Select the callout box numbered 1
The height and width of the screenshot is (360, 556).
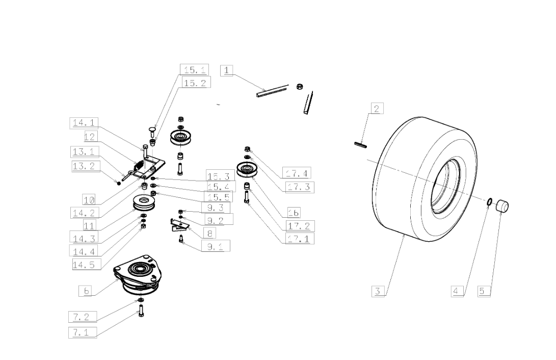tap(226, 70)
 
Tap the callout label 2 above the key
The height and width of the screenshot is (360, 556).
tap(377, 108)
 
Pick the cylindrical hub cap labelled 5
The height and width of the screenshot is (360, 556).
tap(503, 207)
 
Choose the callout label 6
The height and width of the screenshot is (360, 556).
tap(87, 291)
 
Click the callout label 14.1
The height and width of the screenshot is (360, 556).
tap(85, 122)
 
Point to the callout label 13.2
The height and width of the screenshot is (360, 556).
tap(85, 166)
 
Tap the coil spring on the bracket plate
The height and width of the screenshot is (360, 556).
tap(139, 166)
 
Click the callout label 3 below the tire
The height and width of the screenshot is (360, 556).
tap(378, 291)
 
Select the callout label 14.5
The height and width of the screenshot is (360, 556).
tap(87, 264)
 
